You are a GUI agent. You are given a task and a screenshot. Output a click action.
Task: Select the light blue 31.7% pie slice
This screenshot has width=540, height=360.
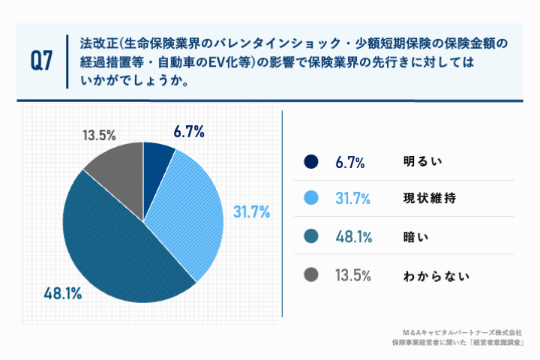(191, 210)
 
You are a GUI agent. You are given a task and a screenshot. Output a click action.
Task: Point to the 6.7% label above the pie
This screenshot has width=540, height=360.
(189, 132)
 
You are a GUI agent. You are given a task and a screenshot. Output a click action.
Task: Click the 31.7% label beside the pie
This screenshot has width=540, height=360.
(251, 213)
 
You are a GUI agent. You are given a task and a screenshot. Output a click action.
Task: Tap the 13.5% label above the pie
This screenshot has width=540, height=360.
(98, 136)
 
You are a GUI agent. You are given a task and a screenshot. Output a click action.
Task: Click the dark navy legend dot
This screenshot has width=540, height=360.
(311, 162)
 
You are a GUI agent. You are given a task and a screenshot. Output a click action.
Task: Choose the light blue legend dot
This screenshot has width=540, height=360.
(311, 199)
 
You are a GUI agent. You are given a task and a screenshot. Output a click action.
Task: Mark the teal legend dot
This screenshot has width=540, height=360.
(311, 237)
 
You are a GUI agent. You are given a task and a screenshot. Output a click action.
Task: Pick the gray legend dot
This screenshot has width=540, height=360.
(311, 274)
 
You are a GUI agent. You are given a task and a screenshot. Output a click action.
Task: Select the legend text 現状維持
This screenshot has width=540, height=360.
(425, 199)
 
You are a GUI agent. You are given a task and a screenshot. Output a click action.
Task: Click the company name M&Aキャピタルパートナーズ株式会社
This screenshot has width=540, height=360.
(462, 331)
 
